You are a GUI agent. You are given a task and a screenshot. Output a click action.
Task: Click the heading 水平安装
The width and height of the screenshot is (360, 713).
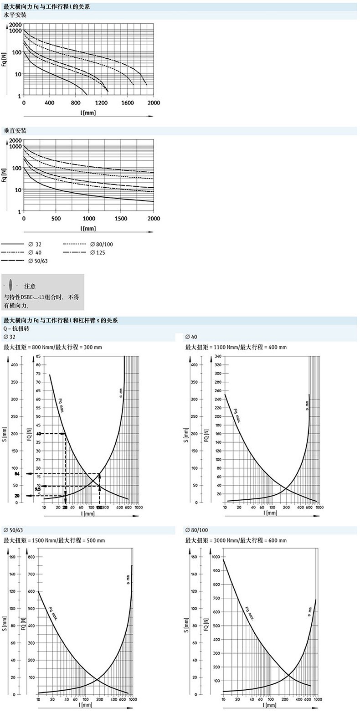15,15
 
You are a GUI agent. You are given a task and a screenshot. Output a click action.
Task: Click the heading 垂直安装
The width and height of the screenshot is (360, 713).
15,131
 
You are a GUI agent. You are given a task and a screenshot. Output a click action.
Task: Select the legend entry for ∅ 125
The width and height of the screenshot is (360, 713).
98,252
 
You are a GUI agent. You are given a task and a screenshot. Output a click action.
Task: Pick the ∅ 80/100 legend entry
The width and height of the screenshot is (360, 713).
101,244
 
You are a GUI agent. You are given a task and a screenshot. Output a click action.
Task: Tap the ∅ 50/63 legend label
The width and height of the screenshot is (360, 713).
38,261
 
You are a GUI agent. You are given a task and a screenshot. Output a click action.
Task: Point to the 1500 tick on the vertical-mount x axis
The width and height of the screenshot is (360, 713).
121,218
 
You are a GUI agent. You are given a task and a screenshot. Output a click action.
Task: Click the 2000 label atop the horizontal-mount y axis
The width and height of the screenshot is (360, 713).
15,25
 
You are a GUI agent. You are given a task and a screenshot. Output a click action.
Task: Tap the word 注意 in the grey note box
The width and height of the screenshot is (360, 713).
30,287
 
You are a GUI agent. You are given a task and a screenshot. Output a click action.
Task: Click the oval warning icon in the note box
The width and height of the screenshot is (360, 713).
10,286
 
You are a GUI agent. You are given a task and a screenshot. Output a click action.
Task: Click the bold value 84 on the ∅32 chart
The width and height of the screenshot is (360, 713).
17,474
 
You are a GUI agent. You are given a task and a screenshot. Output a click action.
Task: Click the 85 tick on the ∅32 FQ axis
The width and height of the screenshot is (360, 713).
38,356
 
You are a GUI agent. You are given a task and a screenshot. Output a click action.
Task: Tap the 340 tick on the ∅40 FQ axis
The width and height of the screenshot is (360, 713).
218,356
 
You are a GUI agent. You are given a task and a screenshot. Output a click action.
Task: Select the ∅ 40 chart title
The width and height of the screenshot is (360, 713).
191,337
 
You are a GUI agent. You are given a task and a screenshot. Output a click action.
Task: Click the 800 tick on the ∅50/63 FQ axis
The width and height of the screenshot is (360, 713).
31,557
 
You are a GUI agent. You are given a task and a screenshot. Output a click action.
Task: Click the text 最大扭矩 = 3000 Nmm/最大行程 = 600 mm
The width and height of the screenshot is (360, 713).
236,541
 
